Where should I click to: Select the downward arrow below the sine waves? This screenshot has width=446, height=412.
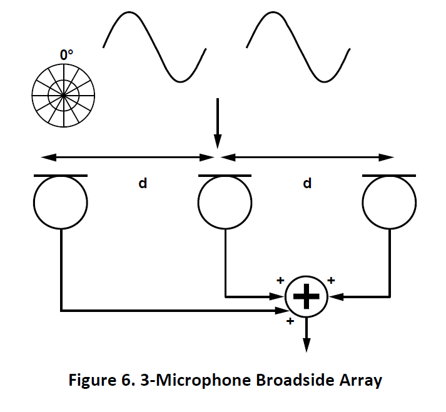pos(216,121)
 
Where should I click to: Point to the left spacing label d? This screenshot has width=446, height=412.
pos(143,184)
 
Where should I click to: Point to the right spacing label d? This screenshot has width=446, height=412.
pos(307,184)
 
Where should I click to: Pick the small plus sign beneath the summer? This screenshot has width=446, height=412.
pos(289,321)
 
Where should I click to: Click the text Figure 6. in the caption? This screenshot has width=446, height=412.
pos(98,381)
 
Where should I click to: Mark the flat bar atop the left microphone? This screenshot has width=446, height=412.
pos(61,176)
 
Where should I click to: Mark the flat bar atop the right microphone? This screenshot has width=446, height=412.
pos(389,176)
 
